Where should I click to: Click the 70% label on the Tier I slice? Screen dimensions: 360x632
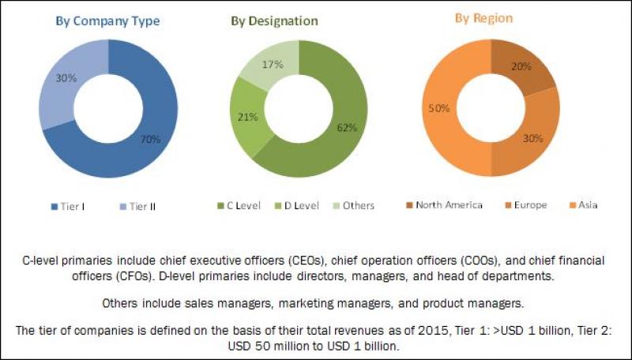pos(151,140)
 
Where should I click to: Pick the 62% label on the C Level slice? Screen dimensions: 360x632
pos(345,127)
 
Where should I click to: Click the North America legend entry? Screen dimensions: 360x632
pos(448,206)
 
